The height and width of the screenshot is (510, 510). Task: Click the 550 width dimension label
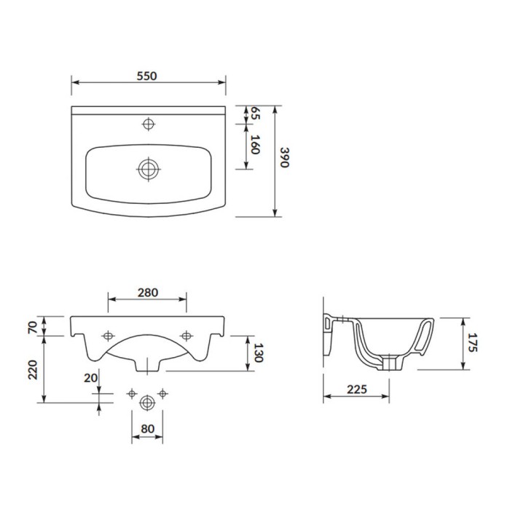click(146, 76)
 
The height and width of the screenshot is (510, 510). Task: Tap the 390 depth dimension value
click(285, 157)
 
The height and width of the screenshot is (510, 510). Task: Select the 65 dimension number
click(256, 113)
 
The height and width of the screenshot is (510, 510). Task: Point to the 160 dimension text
click(256, 144)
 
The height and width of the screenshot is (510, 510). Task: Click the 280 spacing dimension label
click(148, 293)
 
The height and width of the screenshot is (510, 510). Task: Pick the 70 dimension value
click(33, 327)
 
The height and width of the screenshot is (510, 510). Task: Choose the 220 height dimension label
click(33, 369)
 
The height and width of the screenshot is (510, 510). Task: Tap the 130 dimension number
click(258, 353)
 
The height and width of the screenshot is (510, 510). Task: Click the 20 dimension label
click(91, 378)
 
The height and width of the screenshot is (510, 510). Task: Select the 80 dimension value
click(147, 429)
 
